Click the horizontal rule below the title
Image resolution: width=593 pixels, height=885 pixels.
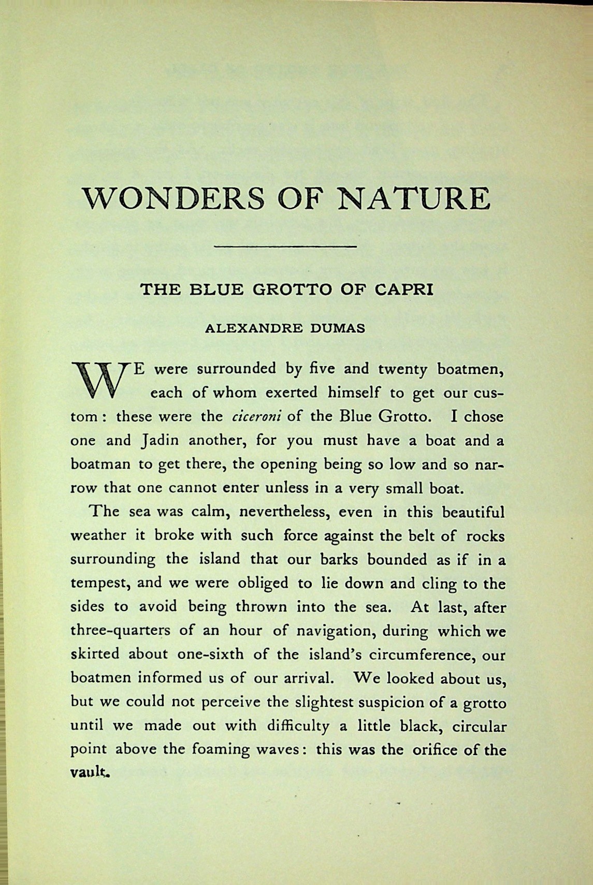[x=285, y=246]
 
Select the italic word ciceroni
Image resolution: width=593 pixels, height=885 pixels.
[x=255, y=417]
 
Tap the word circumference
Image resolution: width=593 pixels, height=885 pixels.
[x=423, y=655]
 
